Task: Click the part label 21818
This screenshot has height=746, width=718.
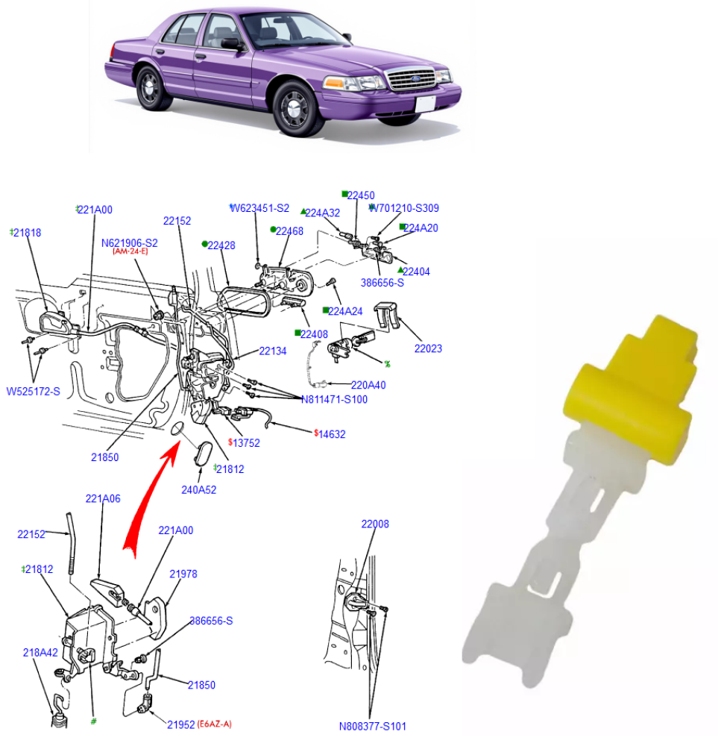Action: (28, 233)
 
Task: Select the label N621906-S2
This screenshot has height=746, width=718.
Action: (130, 243)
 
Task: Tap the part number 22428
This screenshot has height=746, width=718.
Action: (221, 245)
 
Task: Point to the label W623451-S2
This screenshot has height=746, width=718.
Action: (260, 208)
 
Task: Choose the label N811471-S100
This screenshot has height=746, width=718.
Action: (334, 399)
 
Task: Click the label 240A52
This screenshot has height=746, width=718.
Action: (199, 490)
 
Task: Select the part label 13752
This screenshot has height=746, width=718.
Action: (246, 442)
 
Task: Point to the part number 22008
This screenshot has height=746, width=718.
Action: (375, 524)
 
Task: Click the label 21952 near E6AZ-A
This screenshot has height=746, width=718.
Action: (181, 724)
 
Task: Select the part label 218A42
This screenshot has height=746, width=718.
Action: (40, 652)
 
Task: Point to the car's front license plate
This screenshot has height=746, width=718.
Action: (425, 104)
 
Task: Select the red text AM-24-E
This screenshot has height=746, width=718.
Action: (130, 252)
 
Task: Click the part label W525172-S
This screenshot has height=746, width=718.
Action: (34, 391)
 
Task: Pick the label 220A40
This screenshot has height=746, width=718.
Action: (368, 385)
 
